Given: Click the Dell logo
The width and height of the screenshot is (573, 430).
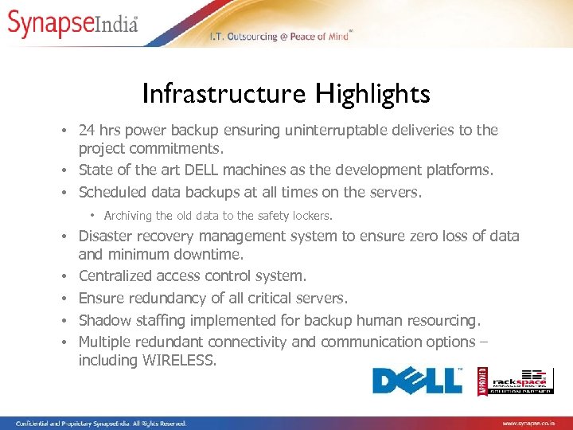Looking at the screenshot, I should pyautogui.click(x=418, y=381).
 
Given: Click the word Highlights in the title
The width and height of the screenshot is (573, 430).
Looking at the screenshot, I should pyautogui.click(x=372, y=94).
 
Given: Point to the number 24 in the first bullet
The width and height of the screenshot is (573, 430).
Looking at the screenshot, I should pyautogui.click(x=88, y=130).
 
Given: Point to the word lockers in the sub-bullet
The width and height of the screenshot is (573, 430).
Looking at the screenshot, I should pyautogui.click(x=311, y=216).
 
